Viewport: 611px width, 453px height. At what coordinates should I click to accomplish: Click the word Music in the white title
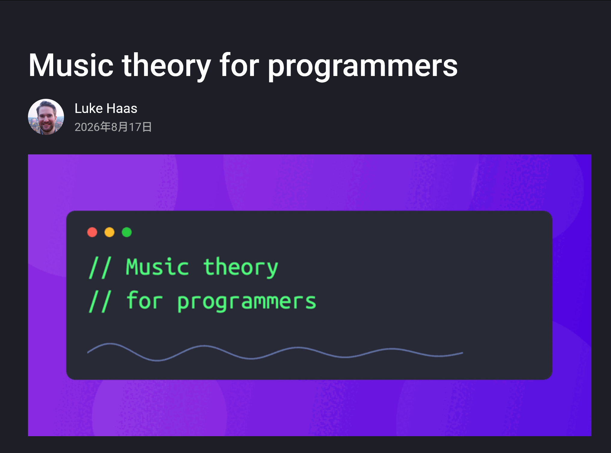tap(71, 65)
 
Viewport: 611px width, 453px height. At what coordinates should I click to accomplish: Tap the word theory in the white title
tap(166, 66)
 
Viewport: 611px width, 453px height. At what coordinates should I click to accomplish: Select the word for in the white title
tap(240, 65)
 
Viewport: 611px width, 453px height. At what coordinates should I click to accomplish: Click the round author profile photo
tap(46, 117)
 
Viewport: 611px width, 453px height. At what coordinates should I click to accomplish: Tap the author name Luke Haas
tap(106, 108)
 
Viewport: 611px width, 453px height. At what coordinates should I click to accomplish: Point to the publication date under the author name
tap(113, 127)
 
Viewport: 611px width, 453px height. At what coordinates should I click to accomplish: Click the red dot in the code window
tap(92, 232)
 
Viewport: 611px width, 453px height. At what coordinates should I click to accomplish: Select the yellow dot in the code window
tap(109, 232)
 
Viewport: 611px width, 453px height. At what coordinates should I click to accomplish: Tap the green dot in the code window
tap(127, 232)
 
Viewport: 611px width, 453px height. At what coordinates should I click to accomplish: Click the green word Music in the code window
tap(157, 267)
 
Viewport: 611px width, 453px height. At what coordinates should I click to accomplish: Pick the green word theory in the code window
tap(241, 268)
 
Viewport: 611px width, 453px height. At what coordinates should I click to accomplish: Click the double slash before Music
tap(100, 268)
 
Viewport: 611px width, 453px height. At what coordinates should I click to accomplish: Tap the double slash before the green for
tap(100, 301)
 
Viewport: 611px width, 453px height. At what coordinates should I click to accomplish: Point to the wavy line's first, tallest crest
tap(110, 344)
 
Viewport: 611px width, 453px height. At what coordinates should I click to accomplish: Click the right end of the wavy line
tap(463, 353)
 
